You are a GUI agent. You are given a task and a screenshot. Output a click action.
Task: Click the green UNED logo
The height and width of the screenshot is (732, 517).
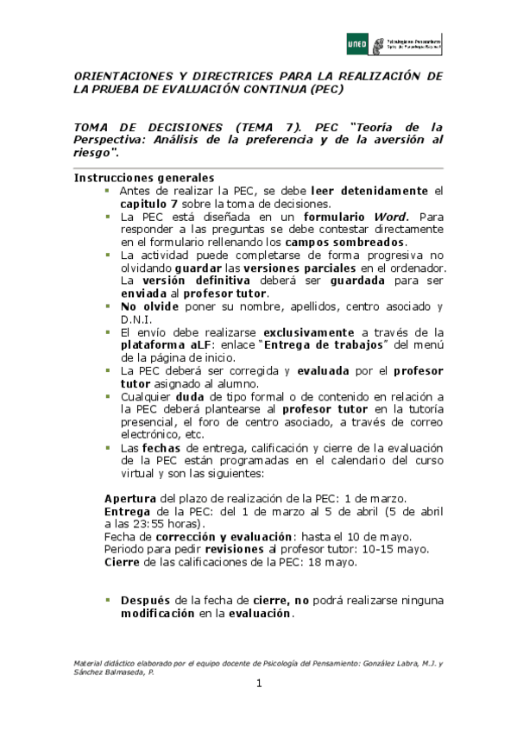pyautogui.click(x=357, y=42)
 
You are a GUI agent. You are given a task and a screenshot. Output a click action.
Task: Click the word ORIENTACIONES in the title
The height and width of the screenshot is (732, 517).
pyautogui.click(x=121, y=76)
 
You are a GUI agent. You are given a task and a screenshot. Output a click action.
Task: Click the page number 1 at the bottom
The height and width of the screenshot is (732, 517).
pyautogui.click(x=258, y=685)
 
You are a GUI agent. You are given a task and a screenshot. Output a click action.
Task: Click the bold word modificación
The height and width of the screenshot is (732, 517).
pyautogui.click(x=157, y=615)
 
